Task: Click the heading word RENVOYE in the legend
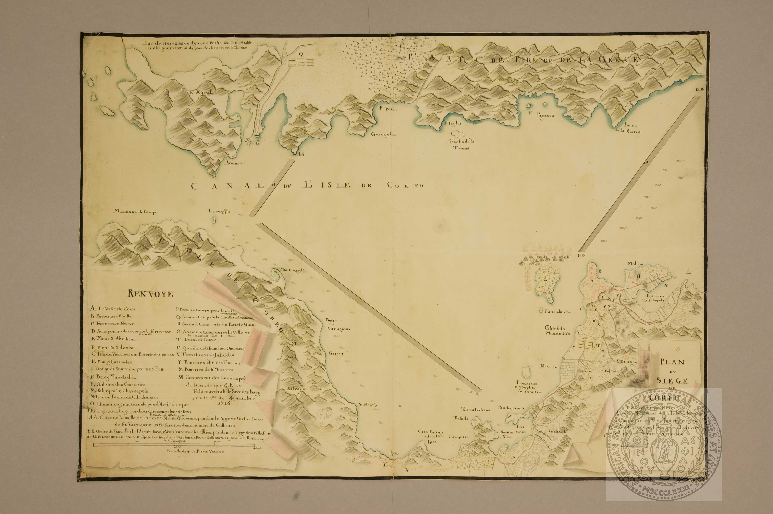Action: pyautogui.click(x=151, y=294)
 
